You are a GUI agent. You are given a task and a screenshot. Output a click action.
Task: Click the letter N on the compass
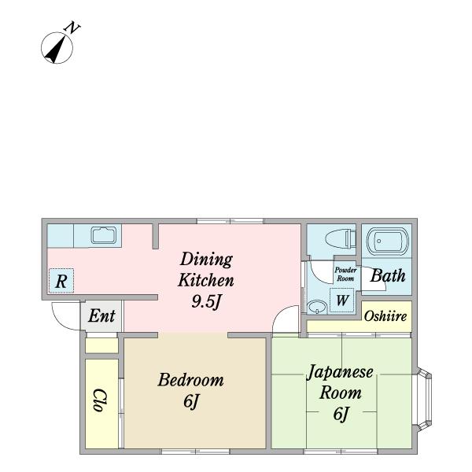tap(72, 28)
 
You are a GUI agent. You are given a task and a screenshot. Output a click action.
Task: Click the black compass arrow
tap(56, 49)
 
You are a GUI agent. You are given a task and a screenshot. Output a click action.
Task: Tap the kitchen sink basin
tap(104, 235)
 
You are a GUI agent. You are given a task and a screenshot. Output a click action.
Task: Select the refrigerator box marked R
tap(61, 281)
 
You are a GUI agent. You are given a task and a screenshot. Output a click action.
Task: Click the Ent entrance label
tap(101, 315)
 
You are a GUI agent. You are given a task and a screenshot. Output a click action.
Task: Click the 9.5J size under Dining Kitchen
tap(206, 301)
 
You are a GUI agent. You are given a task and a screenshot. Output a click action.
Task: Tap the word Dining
tap(206, 260)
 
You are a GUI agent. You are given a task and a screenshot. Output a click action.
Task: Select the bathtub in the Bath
tap(387, 242)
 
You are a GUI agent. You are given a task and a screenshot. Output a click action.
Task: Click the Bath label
tap(388, 276)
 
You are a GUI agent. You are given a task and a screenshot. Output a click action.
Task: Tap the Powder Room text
tap(345, 275)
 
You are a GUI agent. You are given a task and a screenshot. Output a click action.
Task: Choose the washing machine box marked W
tap(341, 301)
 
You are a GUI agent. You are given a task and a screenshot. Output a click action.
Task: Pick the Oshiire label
tap(385, 316)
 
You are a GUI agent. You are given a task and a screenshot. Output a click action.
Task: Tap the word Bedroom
tap(191, 380)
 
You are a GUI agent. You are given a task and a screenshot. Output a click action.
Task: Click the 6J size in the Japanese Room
tap(341, 414)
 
